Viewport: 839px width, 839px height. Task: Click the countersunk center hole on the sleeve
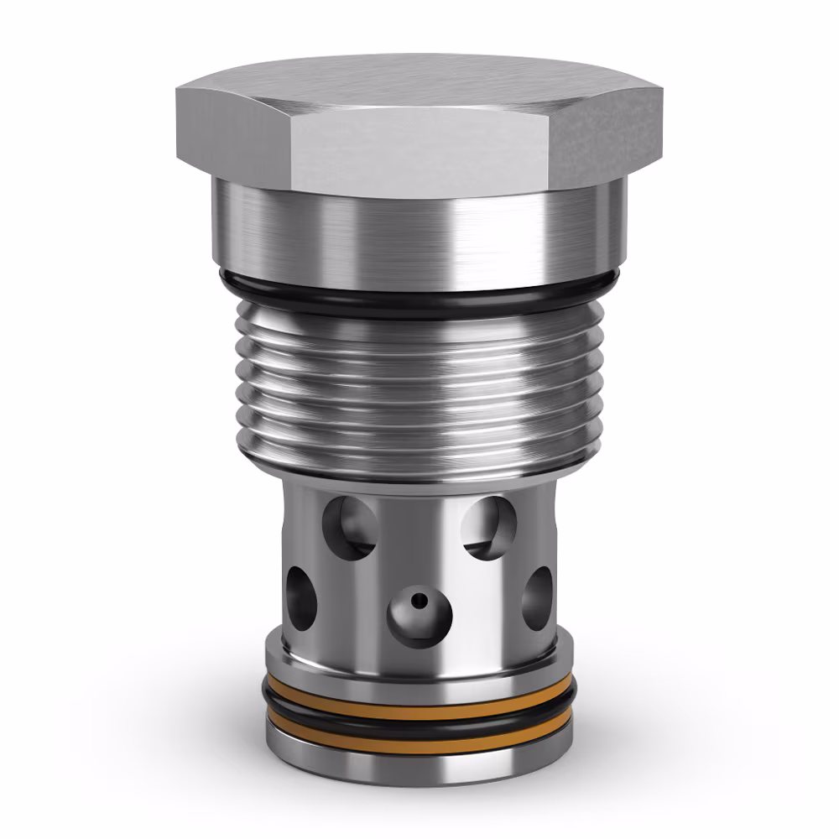[419, 612]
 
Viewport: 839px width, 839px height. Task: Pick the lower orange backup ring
[419, 727]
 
